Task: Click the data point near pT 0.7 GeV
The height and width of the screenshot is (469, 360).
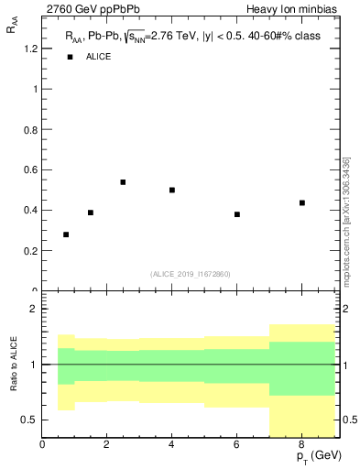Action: (66, 234)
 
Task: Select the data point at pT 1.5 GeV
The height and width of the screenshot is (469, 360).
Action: (91, 213)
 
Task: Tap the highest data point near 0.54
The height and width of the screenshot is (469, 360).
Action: (123, 182)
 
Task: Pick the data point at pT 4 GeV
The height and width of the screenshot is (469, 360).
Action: (172, 191)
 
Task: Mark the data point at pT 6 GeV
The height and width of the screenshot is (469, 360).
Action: (237, 214)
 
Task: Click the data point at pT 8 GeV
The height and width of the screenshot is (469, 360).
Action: (302, 202)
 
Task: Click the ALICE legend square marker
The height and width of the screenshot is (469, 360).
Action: (70, 58)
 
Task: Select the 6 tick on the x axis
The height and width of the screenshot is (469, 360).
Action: (237, 444)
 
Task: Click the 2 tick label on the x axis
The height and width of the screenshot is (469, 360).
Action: (107, 444)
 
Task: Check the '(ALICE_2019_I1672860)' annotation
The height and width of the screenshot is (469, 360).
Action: (191, 274)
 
